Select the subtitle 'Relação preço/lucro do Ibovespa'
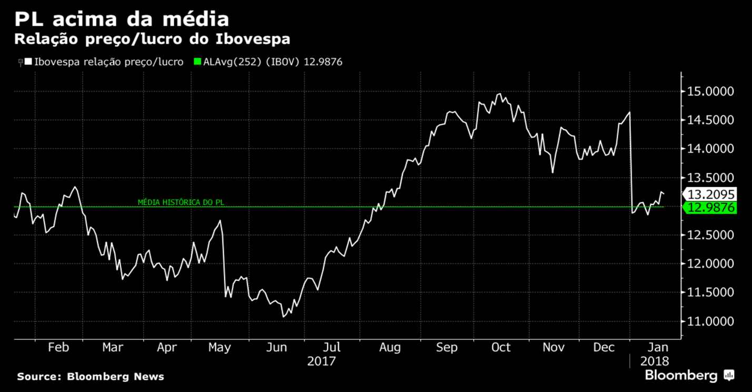(152, 40)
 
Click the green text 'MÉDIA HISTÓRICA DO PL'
(181, 202)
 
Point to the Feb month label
(58, 348)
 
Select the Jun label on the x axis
(276, 348)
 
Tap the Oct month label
(500, 348)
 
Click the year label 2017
(321, 361)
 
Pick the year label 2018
(655, 361)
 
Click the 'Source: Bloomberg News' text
(91, 377)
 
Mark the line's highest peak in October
(499, 94)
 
